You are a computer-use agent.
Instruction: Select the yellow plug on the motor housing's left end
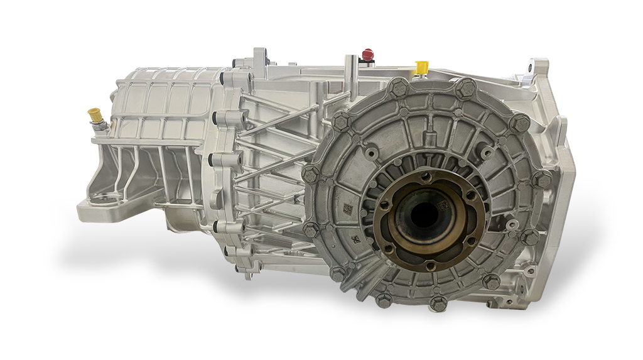click(94, 116)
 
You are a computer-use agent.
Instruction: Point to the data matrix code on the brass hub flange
click(443, 205)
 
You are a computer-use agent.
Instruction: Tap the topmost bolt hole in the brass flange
click(427, 178)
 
